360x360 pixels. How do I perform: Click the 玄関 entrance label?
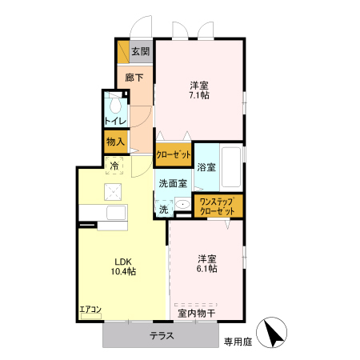click(x=140, y=53)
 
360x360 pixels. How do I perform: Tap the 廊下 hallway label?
click(x=134, y=78)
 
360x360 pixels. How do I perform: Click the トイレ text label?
click(x=114, y=122)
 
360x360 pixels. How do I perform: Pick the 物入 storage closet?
click(x=115, y=142)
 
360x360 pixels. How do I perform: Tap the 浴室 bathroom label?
click(x=206, y=167)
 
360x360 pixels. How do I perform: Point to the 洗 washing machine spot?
click(x=163, y=209)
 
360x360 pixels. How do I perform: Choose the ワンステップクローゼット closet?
click(x=217, y=206)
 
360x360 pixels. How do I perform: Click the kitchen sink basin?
click(x=115, y=212)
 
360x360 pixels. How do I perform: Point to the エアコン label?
click(x=90, y=310)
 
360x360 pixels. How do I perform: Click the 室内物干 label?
click(x=196, y=313)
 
